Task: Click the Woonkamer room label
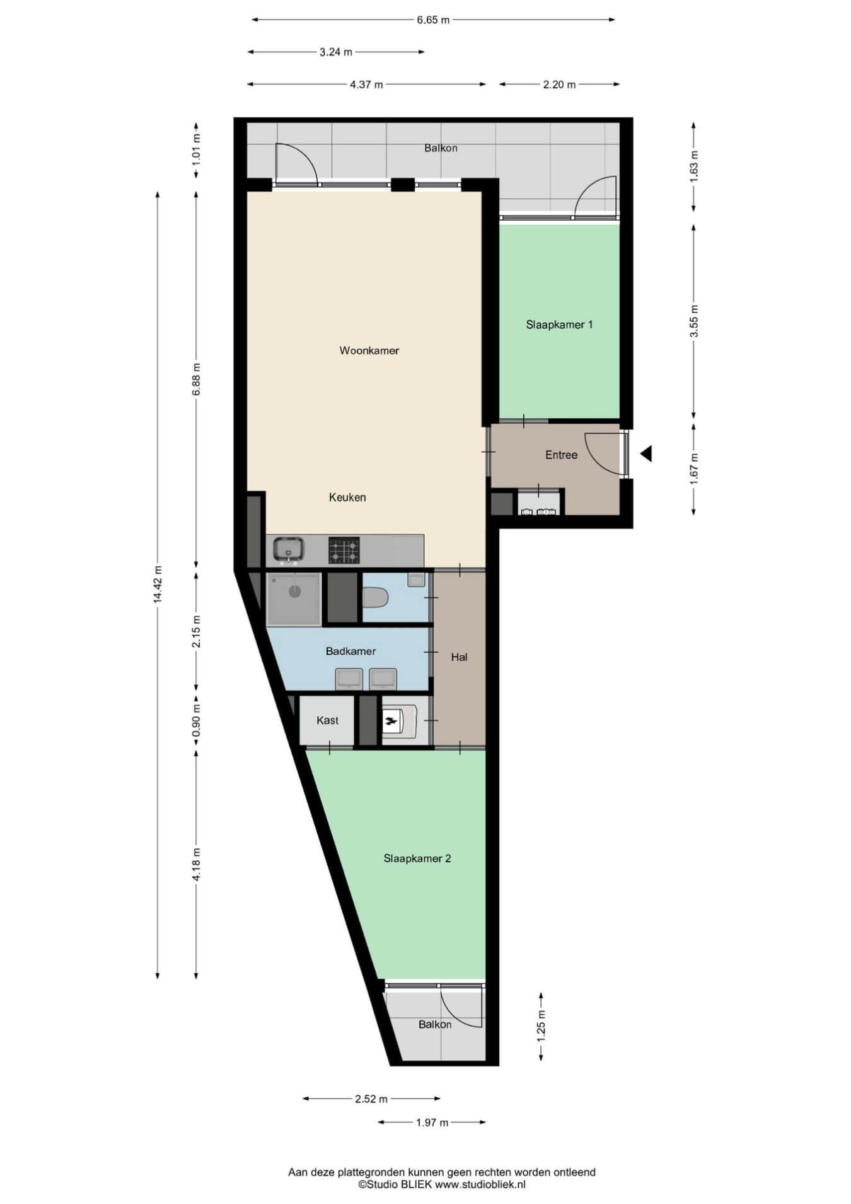tap(369, 351)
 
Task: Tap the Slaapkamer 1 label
tap(559, 325)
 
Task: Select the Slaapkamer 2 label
tap(417, 858)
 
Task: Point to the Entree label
tap(561, 455)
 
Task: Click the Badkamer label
tap(350, 651)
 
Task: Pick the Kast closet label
tap(327, 720)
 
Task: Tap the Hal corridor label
tap(459, 657)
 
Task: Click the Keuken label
tap(347, 497)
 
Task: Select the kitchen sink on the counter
tap(289, 550)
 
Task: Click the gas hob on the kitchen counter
tap(344, 550)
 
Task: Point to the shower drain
tap(294, 592)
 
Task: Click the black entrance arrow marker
tap(645, 453)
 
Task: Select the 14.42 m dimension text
tap(158, 584)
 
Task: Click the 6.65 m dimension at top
tap(433, 20)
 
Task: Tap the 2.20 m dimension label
tap(559, 85)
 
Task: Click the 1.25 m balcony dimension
tap(541, 1026)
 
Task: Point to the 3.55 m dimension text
tap(694, 321)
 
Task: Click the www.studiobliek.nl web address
tap(480, 1184)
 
